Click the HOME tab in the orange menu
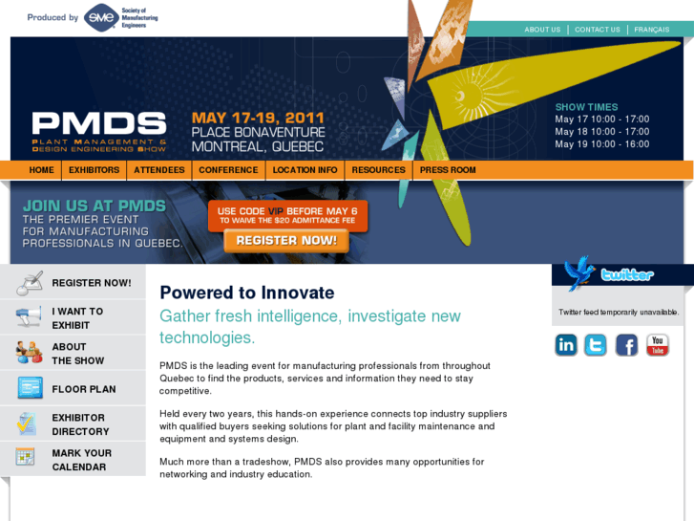point(41,170)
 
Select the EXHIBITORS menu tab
point(94,170)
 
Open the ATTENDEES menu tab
point(159,170)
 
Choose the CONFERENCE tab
point(228,170)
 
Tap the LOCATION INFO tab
point(305,170)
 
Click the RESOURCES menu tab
point(378,170)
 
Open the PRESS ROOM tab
point(448,170)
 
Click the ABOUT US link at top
point(542,30)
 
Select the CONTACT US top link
point(598,30)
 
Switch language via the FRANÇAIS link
point(652,30)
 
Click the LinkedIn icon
point(566,345)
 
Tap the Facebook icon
point(626,345)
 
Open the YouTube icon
point(658,345)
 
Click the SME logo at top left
point(100,17)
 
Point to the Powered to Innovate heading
point(247,293)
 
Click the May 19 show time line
point(601,144)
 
